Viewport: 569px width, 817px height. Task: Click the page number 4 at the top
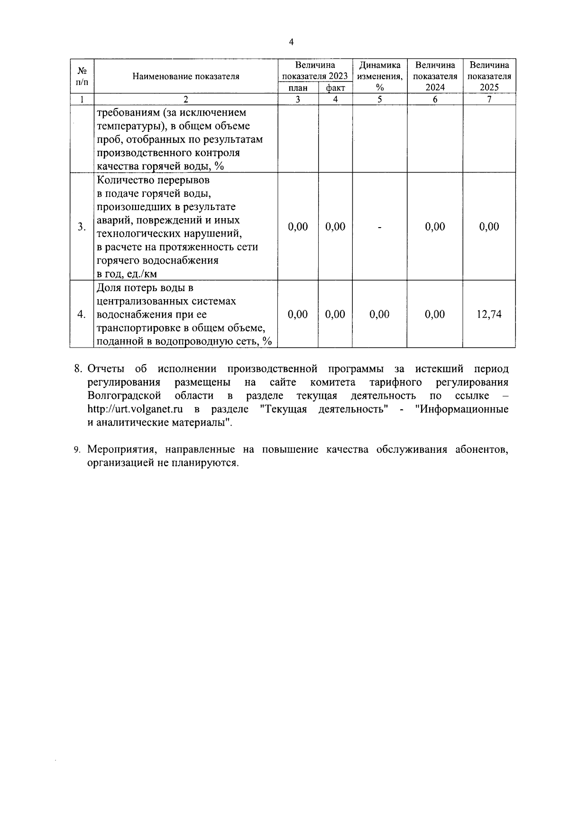pos(291,42)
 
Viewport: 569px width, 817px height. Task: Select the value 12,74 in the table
pos(489,314)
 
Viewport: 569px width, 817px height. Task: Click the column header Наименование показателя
pos(185,76)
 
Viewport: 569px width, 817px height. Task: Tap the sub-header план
pos(298,88)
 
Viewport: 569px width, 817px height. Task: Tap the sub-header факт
pos(335,88)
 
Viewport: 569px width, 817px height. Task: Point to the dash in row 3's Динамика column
pos(379,227)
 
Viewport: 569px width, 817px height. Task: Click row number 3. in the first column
pos(82,227)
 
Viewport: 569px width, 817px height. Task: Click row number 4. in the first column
pos(82,314)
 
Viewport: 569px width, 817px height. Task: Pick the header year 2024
pos(435,87)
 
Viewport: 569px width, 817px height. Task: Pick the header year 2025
pos(489,87)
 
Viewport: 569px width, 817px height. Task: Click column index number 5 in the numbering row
pos(379,100)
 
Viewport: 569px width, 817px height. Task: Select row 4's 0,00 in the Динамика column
pos(379,314)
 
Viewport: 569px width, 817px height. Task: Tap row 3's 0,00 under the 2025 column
pos(489,227)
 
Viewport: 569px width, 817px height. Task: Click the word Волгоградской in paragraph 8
pos(124,396)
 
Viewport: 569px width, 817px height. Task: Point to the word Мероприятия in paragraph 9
pos(118,450)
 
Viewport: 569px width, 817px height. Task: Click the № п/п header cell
pos(82,76)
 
